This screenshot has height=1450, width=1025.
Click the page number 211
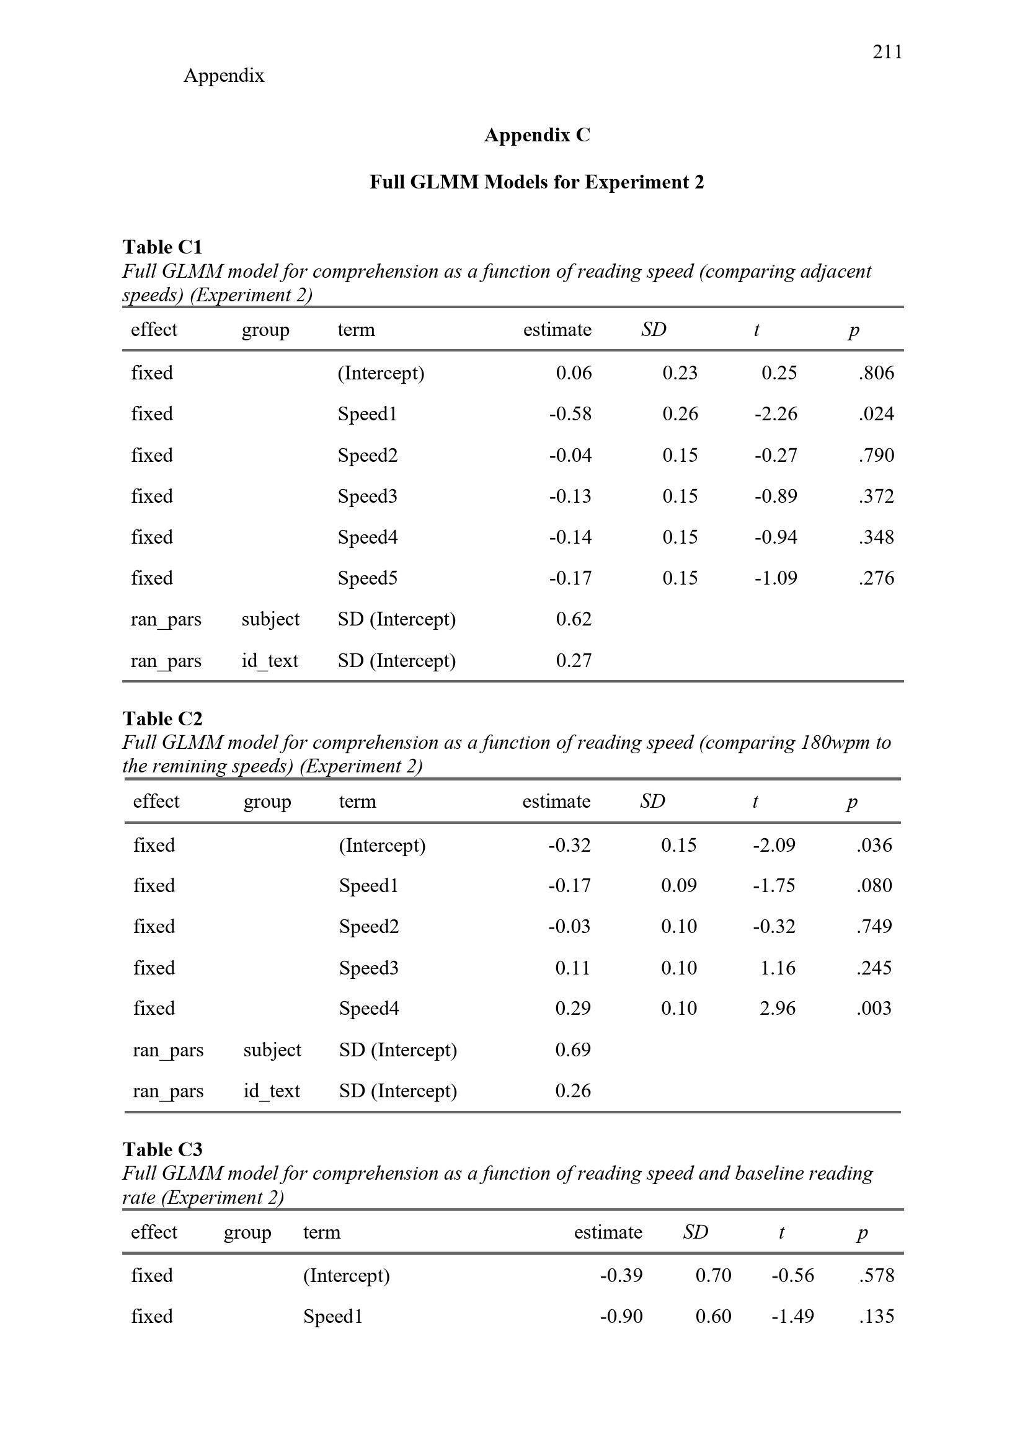(887, 52)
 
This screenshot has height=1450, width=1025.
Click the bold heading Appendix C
(537, 135)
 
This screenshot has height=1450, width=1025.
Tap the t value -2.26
(776, 414)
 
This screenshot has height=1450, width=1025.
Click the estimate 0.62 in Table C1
(574, 619)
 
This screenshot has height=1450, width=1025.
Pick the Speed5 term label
(368, 578)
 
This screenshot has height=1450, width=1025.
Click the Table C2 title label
(162, 718)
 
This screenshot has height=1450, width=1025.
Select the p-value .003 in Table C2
(874, 1009)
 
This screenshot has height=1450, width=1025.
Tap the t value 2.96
(778, 1009)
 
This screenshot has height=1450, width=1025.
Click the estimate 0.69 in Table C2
(573, 1050)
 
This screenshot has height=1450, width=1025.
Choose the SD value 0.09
(679, 886)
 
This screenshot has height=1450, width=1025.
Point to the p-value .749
(874, 926)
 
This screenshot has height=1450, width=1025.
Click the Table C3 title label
(162, 1149)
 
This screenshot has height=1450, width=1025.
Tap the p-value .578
(877, 1276)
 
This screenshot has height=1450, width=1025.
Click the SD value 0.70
(713, 1276)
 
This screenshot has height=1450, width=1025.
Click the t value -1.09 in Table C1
(776, 578)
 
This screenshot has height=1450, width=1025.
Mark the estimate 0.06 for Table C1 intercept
(574, 373)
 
